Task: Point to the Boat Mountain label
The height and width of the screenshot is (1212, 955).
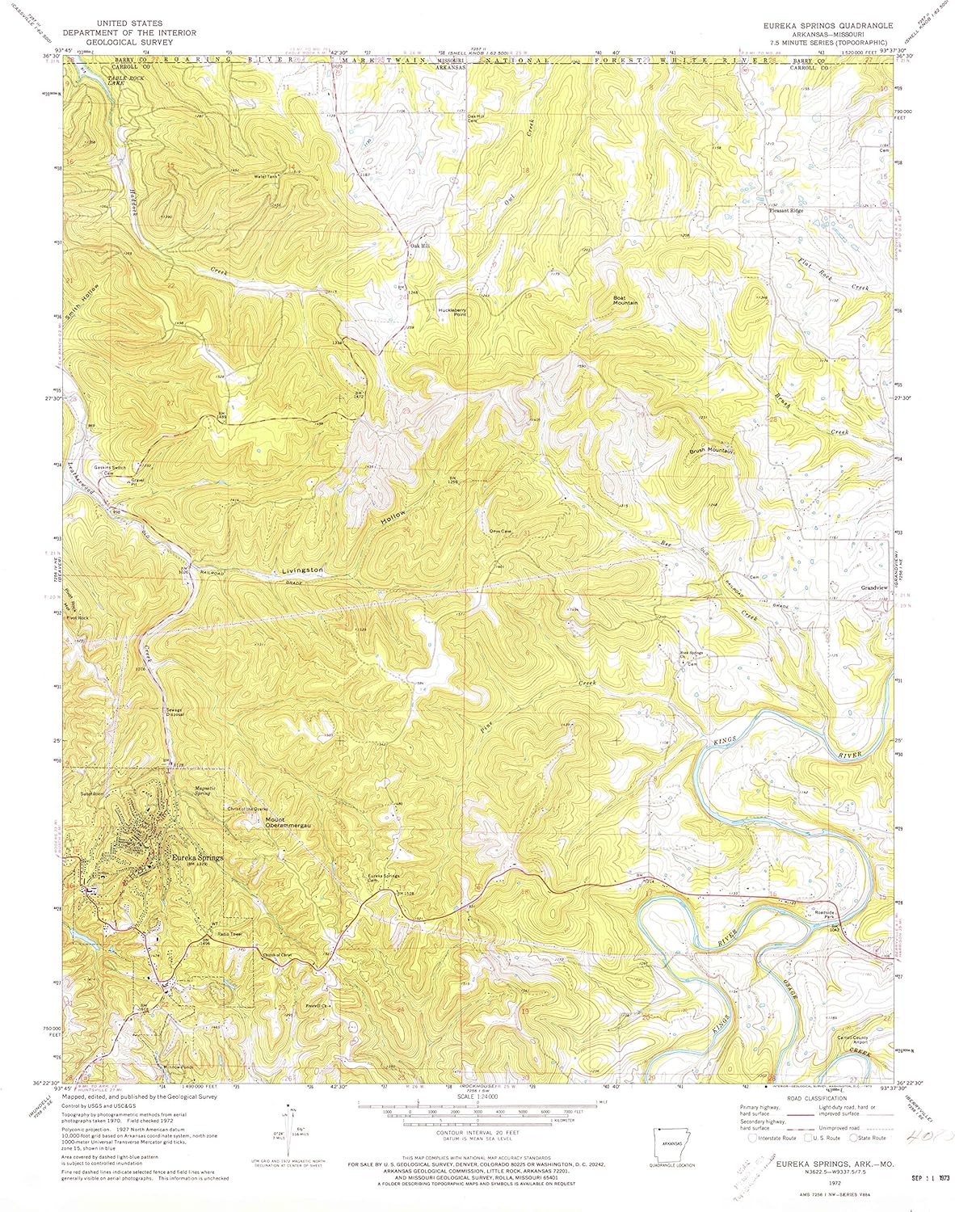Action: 625,299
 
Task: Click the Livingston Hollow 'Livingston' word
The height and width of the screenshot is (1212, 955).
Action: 303,570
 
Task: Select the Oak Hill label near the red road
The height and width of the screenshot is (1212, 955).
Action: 419,246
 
